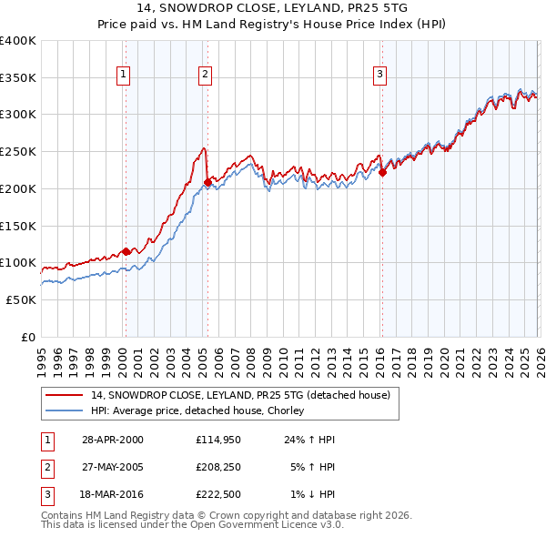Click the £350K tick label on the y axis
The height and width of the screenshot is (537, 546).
pos(18,77)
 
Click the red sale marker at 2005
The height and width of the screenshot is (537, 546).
pos(207,182)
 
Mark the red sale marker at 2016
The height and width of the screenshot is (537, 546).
pos(383,172)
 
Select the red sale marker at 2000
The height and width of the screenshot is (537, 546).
pos(126,251)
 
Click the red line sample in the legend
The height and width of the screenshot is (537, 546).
pos(64,395)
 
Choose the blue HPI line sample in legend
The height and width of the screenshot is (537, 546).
pos(64,410)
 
